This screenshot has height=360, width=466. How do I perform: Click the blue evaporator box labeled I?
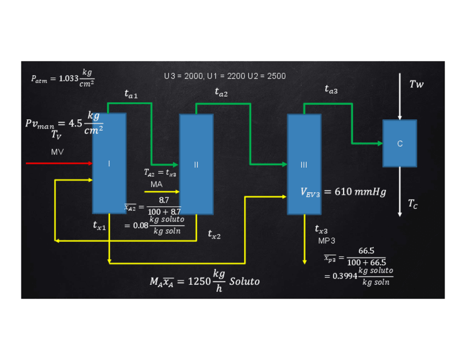pos(109,163)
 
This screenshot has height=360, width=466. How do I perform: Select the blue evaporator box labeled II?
pos(196,164)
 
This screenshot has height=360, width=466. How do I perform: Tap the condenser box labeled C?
pos(400,143)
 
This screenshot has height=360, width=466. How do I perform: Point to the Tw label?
pos(417,84)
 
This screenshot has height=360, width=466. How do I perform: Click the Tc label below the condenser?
pos(413,204)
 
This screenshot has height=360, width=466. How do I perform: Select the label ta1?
pos(131,95)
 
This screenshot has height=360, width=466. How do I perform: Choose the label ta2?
pos(221,93)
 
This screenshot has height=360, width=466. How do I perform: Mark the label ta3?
pos(331,89)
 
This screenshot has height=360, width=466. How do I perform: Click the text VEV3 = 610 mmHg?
pos(343,192)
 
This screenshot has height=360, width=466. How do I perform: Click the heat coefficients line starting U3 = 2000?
pos(225,76)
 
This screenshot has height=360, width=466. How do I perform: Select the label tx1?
pos(100,225)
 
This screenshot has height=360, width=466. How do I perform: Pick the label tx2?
pos(214,235)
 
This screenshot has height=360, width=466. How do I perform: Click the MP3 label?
pos(326,241)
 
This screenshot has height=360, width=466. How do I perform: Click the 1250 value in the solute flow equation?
pos(199,281)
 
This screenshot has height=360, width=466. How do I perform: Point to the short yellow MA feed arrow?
pos(163,192)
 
